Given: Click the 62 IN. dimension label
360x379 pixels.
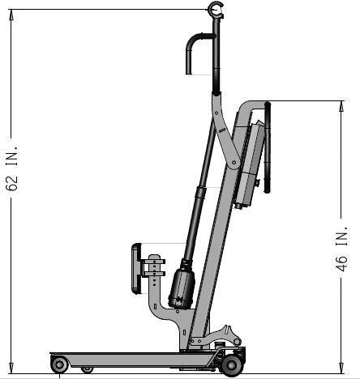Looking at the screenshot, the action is pos(12,168).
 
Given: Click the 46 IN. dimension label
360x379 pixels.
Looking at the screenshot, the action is pos(341,249).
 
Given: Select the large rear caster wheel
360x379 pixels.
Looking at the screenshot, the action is pos(231,365).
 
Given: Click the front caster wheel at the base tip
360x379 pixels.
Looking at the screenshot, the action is pos(59,364).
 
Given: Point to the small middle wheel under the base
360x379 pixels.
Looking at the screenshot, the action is pos(87,369).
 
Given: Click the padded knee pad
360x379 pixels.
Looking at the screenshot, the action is pos(136,268).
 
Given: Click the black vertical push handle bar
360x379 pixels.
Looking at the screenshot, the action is pos(268,147).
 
